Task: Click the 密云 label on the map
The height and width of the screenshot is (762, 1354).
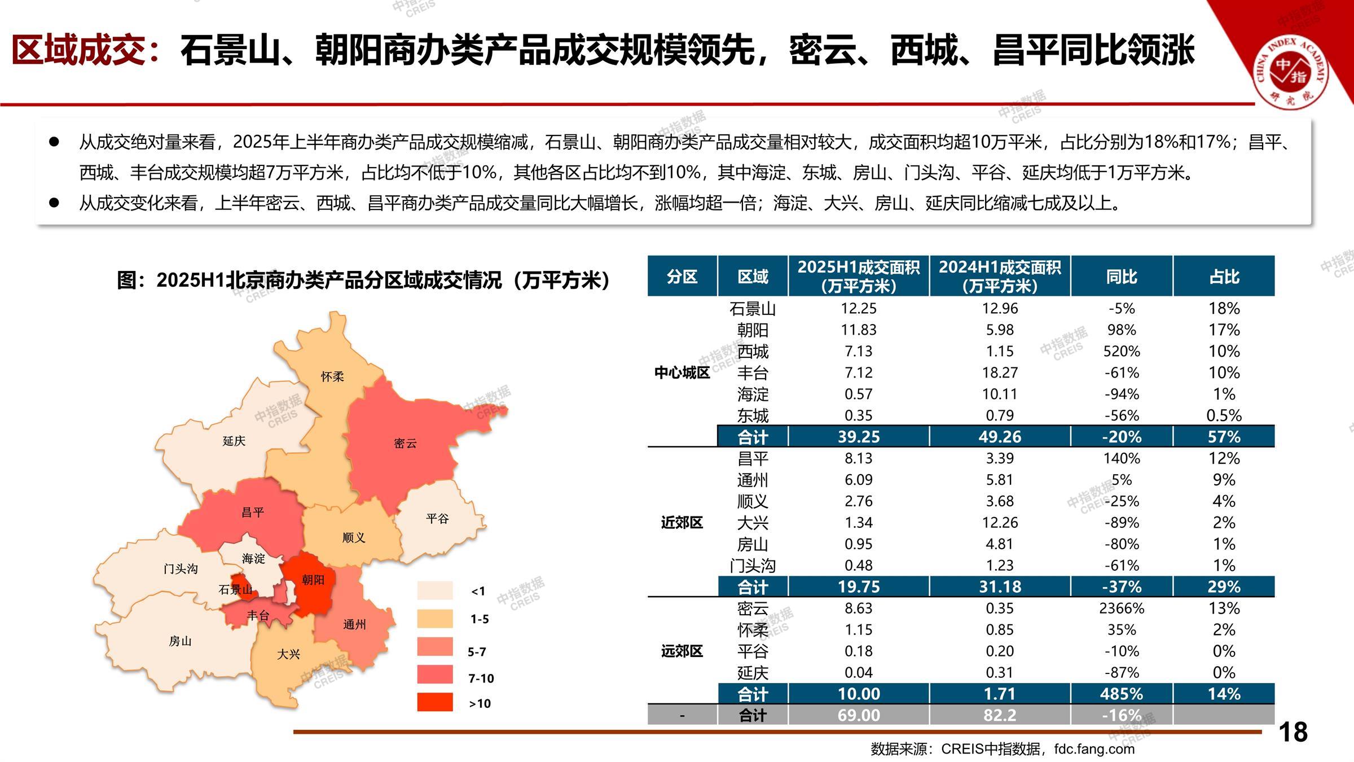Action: [x=405, y=443]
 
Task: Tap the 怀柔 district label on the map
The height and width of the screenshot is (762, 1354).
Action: [x=332, y=376]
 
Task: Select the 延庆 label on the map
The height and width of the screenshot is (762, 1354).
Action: [x=234, y=441]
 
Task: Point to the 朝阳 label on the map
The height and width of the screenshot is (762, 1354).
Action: [x=313, y=580]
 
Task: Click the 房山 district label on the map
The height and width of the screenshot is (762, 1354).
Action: [x=181, y=641]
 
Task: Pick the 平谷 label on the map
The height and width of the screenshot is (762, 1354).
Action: [x=437, y=518]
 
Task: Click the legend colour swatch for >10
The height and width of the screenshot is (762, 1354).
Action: [x=435, y=702]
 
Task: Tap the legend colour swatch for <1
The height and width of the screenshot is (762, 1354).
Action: [x=435, y=590]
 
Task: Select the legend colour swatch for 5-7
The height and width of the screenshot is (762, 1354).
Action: [x=435, y=647]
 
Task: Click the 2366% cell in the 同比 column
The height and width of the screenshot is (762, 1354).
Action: [x=1122, y=608]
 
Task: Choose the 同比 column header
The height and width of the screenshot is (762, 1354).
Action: [x=1122, y=277]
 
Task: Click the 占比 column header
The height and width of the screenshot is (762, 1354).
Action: [x=1224, y=277]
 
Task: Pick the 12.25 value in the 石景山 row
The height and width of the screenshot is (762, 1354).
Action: [x=859, y=308]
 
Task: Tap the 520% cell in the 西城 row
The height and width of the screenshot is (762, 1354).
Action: [x=1122, y=351]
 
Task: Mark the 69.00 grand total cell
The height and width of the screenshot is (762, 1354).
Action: [x=859, y=715]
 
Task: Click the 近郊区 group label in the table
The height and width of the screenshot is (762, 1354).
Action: [x=682, y=523]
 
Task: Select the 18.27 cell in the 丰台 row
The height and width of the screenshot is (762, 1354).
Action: [x=1000, y=373]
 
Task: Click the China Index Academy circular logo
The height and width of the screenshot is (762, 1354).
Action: [x=1291, y=72]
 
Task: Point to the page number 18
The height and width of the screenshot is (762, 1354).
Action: [x=1293, y=732]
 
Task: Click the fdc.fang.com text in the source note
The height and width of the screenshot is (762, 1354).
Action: [x=1094, y=749]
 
